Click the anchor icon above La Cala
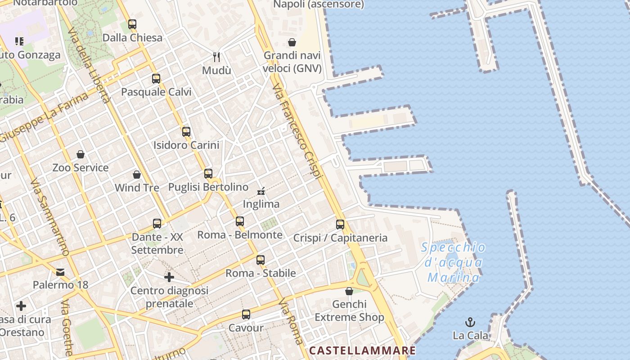tap(470, 322)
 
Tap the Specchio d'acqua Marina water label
tap(454, 262)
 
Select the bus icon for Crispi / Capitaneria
tap(340, 224)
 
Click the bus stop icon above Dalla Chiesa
tap(132, 24)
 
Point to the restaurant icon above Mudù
tap(216, 57)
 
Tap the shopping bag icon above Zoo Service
tap(81, 154)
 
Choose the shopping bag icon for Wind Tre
tap(137, 174)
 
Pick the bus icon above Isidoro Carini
tap(186, 132)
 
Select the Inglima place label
tap(261, 204)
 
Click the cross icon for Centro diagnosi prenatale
tap(169, 277)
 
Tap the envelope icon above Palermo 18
tap(60, 272)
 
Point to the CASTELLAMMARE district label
tap(362, 350)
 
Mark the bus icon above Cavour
tap(246, 314)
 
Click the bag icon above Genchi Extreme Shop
tap(349, 291)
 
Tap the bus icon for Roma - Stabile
tap(261, 260)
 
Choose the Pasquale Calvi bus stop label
tap(156, 92)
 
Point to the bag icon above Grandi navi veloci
tap(292, 42)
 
